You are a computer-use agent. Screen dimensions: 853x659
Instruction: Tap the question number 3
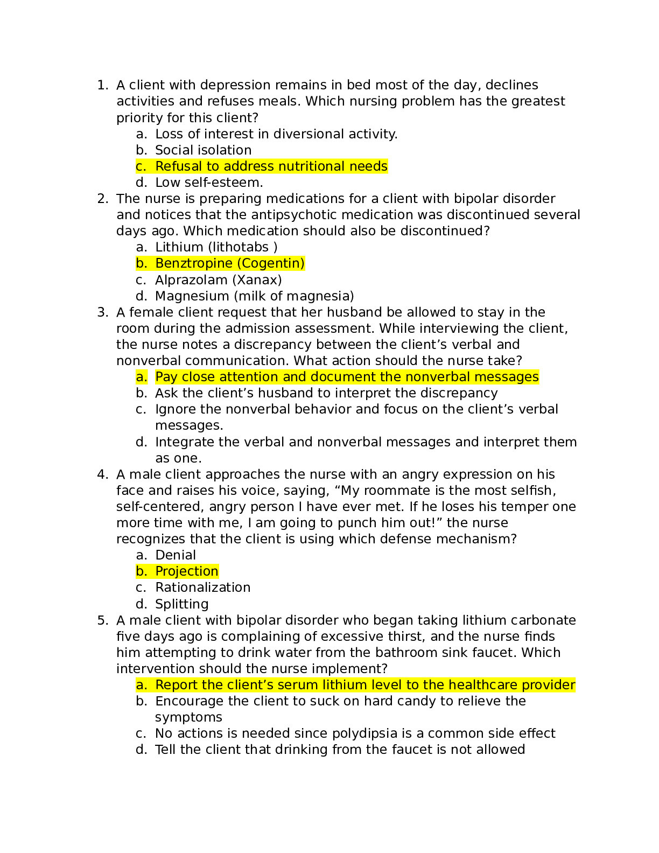pos(102,312)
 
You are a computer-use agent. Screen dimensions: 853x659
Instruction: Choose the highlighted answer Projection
pos(186,571)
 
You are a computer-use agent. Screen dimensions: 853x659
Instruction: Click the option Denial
pos(176,555)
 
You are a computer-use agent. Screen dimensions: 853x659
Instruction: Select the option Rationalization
pos(202,588)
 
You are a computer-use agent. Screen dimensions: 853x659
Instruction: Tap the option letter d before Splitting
pos(141,604)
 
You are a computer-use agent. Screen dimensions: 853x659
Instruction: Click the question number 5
pos(102,620)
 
